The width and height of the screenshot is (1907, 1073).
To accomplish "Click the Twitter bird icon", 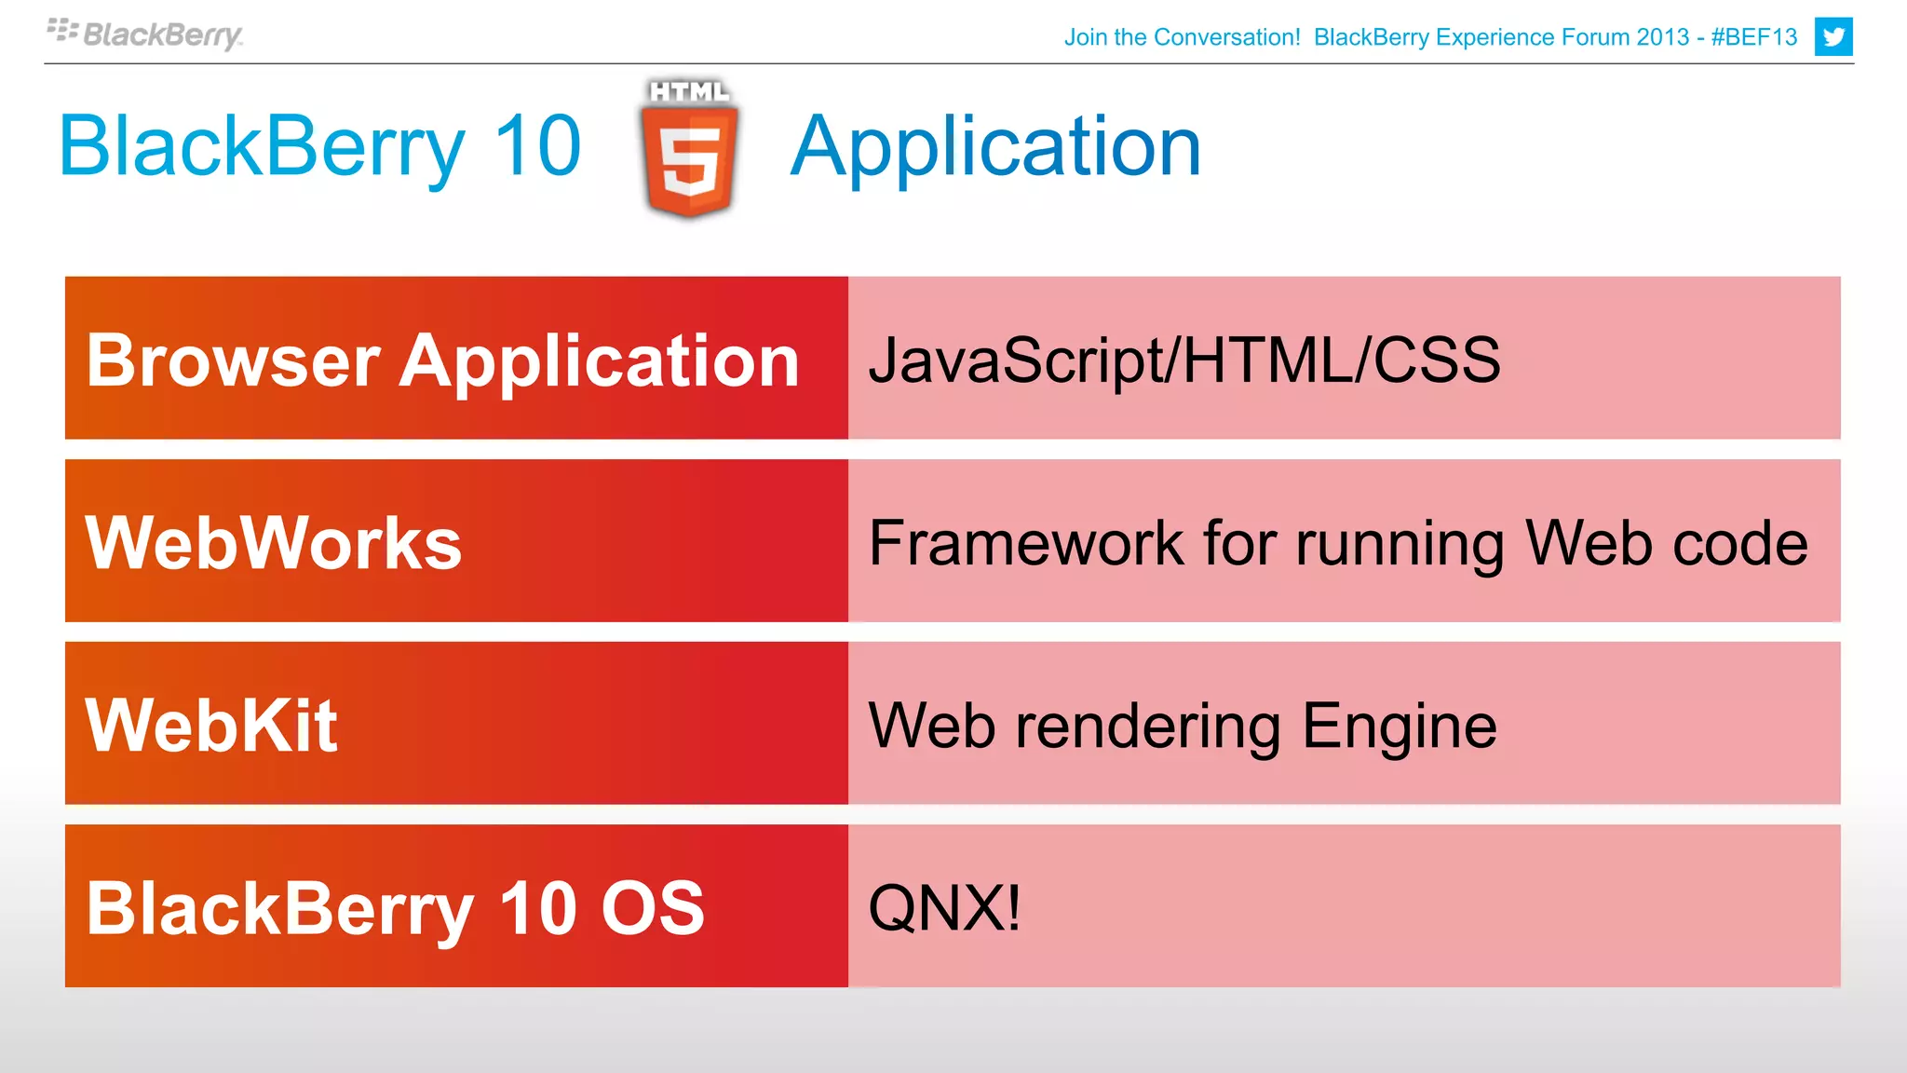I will pyautogui.click(x=1833, y=37).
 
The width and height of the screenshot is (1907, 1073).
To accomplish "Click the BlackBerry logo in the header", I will pyautogui.click(x=145, y=34).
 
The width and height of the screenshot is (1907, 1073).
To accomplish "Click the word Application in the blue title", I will pyautogui.click(x=995, y=147).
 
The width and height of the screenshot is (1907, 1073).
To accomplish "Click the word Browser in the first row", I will pyautogui.click(x=233, y=360).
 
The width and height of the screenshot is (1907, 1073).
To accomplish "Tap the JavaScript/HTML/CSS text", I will pyautogui.click(x=1183, y=360).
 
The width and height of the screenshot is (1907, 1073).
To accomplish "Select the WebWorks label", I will pyautogui.click(x=274, y=543).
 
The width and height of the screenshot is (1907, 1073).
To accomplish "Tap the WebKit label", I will pyautogui.click(x=211, y=726).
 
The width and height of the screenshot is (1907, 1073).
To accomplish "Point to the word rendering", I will pyautogui.click(x=1148, y=727).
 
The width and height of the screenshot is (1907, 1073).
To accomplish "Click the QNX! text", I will pyautogui.click(x=944, y=908).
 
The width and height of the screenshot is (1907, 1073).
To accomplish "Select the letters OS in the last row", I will pyautogui.click(x=652, y=908).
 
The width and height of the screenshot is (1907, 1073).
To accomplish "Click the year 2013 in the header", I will pyautogui.click(x=1662, y=37).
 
